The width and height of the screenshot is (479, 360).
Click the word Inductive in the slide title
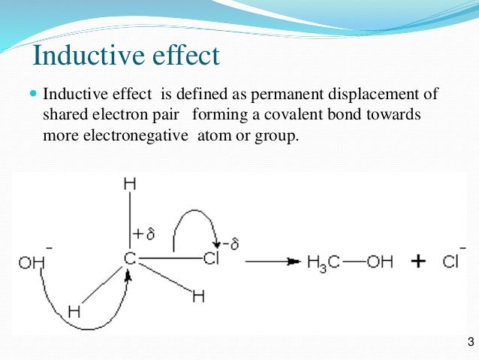pos(82,56)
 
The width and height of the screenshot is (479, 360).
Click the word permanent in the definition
pos(287,95)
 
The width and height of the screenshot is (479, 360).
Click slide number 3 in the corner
pos(469,343)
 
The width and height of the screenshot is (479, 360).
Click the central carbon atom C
pos(130,260)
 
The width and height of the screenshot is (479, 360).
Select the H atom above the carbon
pos(130,183)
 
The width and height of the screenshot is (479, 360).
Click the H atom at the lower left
pos(73,310)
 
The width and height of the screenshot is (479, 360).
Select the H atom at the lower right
pos(198,297)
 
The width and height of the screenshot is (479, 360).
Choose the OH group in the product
pos(381,262)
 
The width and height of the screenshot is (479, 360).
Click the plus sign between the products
pos(417,262)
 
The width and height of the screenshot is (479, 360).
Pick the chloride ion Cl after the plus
pos(451,262)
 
